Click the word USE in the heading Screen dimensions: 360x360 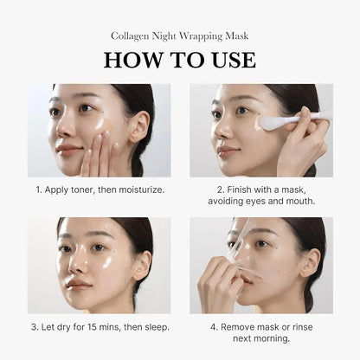[x=230, y=61]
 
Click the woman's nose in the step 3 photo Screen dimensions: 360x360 [x=80, y=264]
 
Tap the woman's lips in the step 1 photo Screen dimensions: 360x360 [x=69, y=148]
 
